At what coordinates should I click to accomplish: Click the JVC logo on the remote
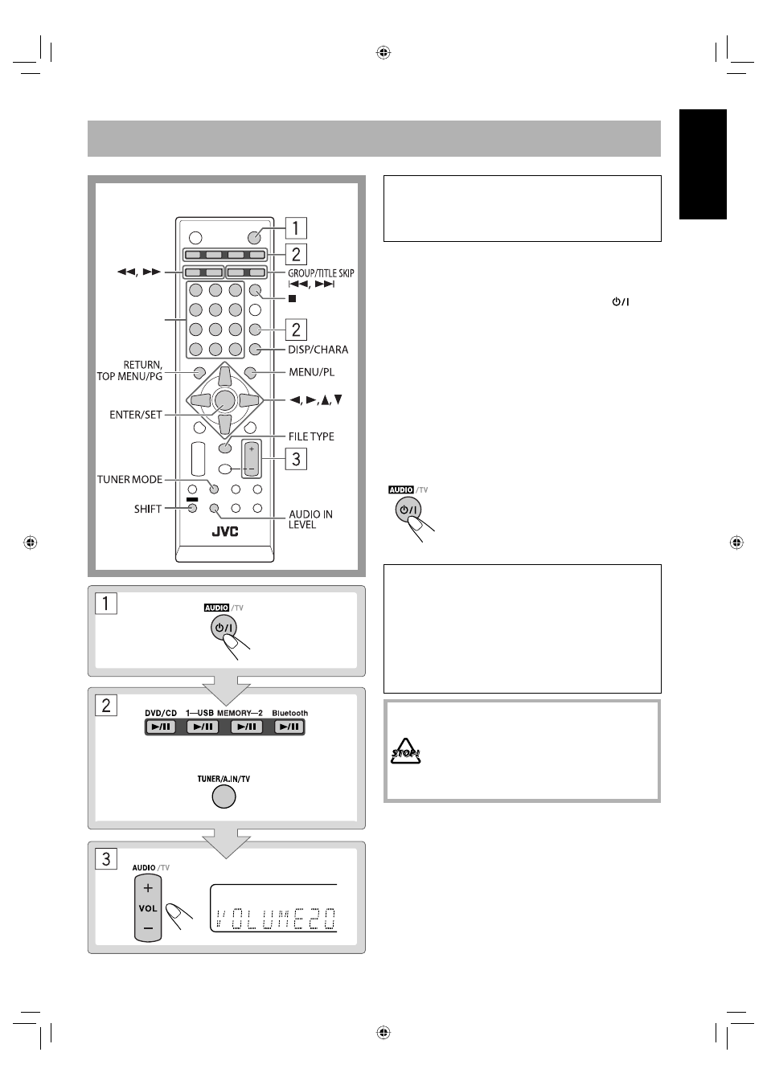click(225, 531)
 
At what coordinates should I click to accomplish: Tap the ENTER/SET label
click(136, 415)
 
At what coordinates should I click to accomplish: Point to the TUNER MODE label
click(130, 479)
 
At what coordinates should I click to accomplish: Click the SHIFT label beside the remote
click(148, 509)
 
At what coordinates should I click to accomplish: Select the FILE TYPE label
click(311, 436)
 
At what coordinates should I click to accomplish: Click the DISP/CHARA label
click(318, 350)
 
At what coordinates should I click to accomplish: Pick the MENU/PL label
click(312, 372)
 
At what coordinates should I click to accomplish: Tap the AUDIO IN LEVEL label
click(310, 519)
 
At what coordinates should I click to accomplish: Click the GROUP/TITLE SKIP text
click(321, 273)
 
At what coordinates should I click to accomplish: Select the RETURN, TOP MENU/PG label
click(130, 371)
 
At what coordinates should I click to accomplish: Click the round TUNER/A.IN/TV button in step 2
click(224, 796)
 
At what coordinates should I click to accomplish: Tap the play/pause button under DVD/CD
click(160, 727)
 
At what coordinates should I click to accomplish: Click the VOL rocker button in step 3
click(148, 907)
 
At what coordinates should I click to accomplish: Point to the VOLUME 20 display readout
click(275, 919)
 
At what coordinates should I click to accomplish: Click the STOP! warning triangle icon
click(405, 751)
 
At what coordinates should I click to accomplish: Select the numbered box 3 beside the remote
click(296, 459)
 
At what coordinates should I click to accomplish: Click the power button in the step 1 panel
click(224, 628)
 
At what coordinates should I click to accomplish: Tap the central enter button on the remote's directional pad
click(224, 400)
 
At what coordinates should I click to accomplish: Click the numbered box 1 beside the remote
click(296, 228)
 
